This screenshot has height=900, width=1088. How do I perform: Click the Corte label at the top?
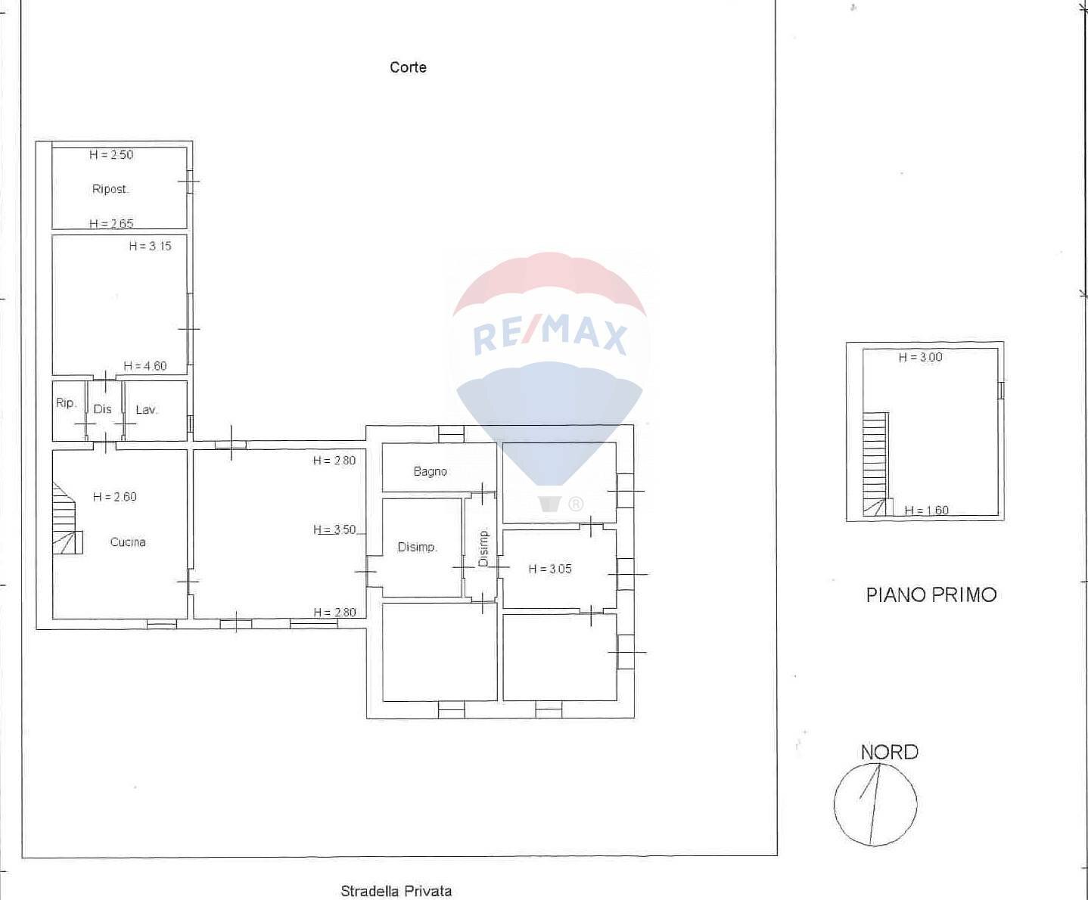(408, 67)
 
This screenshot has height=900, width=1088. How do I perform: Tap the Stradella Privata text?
(396, 891)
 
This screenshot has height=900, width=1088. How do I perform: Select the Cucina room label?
(128, 542)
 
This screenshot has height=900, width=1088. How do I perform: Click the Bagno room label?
(430, 471)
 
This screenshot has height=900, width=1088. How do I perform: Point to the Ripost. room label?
(110, 189)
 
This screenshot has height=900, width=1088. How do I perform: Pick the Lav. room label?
(146, 410)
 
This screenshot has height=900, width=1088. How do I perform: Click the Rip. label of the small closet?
(66, 403)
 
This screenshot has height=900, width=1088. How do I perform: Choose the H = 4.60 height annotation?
(145, 366)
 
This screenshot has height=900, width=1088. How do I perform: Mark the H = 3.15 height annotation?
(150, 246)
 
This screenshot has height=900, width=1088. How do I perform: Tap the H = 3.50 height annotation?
(334, 529)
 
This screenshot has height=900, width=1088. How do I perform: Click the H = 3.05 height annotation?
(550, 569)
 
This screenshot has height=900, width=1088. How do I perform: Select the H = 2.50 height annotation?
(111, 155)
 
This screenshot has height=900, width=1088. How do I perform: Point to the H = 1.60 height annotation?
(926, 511)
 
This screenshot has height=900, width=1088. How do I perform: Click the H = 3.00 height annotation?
(920, 357)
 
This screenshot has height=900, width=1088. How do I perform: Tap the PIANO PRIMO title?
(931, 595)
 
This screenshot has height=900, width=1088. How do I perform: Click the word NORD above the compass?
(889, 753)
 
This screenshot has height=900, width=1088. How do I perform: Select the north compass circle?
(875, 805)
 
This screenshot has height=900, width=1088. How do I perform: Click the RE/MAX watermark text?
(550, 335)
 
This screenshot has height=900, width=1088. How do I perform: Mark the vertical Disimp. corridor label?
(483, 548)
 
